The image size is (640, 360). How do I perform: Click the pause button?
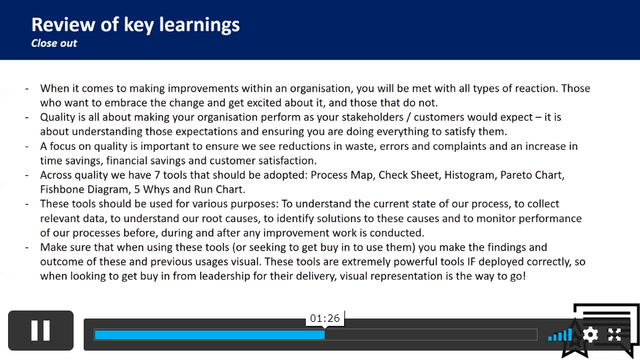click(41, 331)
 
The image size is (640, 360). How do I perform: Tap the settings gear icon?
click(590, 335)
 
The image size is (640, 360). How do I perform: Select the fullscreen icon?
click(615, 335)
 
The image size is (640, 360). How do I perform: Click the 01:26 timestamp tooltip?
click(325, 319)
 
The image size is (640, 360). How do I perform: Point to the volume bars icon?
click(560, 335)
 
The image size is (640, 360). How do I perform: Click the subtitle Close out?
click(54, 43)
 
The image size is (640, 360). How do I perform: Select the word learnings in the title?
click(199, 25)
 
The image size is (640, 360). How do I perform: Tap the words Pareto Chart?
click(532, 175)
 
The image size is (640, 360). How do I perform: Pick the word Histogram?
click(469, 175)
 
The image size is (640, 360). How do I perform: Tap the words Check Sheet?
click(408, 175)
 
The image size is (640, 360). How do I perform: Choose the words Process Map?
click(341, 175)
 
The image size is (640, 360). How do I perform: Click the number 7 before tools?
click(157, 175)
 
